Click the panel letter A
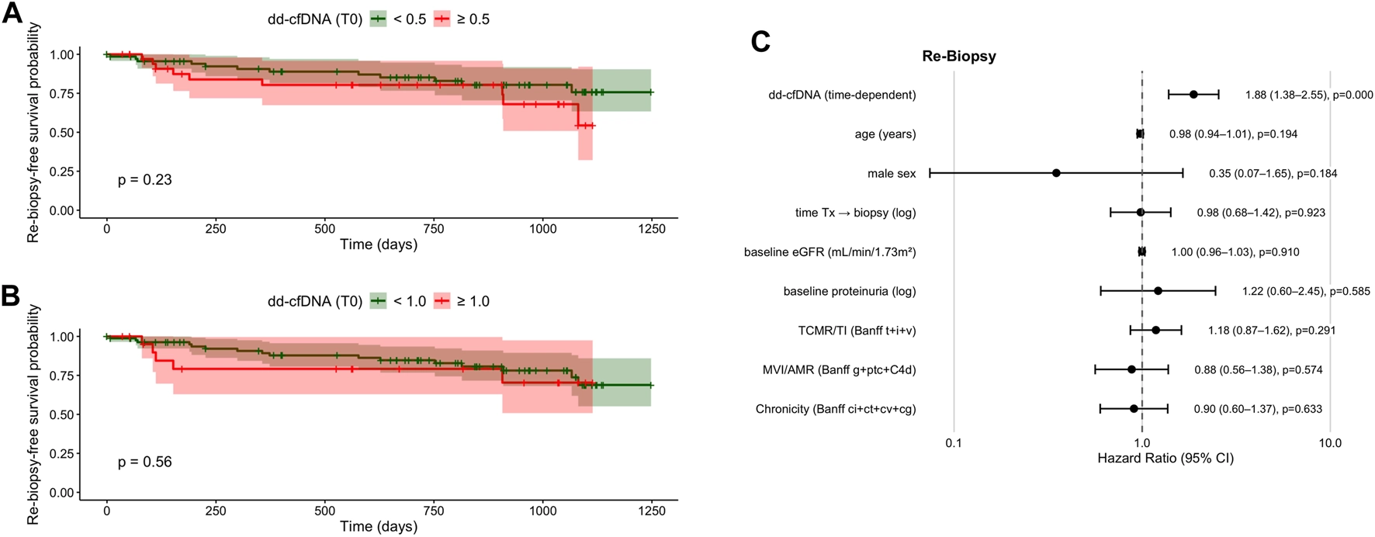click(12, 13)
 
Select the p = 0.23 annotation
click(145, 180)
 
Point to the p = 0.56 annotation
click(145, 463)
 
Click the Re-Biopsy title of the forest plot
click(959, 57)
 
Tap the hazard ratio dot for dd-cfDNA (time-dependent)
click(1193, 95)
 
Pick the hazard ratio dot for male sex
click(1056, 173)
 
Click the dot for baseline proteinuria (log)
click(1158, 291)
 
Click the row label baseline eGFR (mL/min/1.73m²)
click(830, 252)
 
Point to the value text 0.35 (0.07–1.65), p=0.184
click(1273, 174)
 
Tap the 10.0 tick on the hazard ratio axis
click(1330, 443)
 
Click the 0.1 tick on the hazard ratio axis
click(954, 443)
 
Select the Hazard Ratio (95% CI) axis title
click(1165, 459)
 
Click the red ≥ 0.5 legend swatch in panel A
click(442, 19)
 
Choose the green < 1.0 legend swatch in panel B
click(379, 301)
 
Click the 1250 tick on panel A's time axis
click(652, 229)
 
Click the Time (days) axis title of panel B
click(378, 526)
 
